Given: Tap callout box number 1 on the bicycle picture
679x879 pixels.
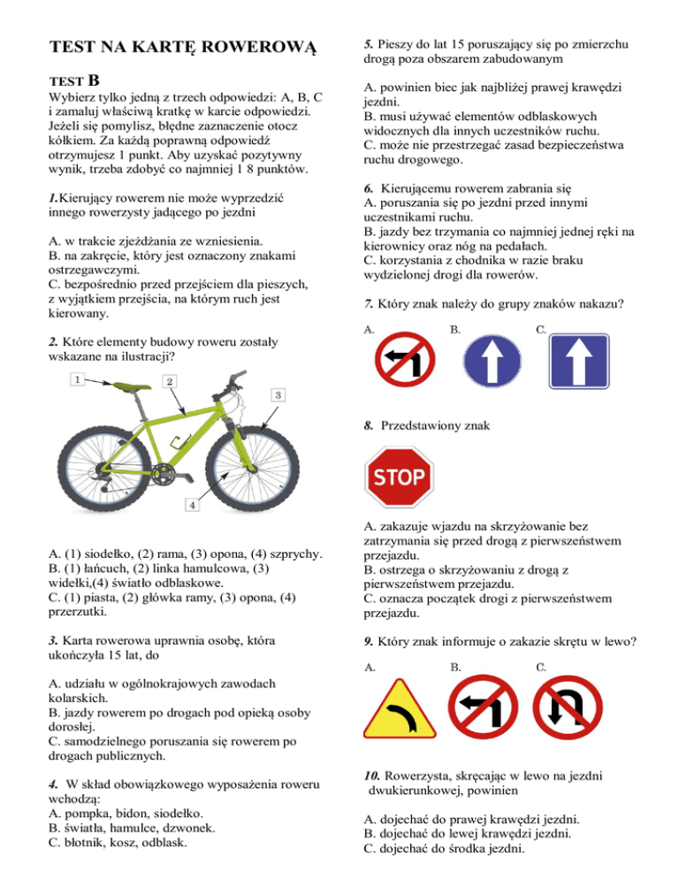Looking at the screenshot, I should coord(77,379).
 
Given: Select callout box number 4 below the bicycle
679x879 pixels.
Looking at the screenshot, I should coord(190,504).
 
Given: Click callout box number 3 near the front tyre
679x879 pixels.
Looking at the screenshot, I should coord(277,394).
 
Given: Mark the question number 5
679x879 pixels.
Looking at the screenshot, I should coord(369,43).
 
